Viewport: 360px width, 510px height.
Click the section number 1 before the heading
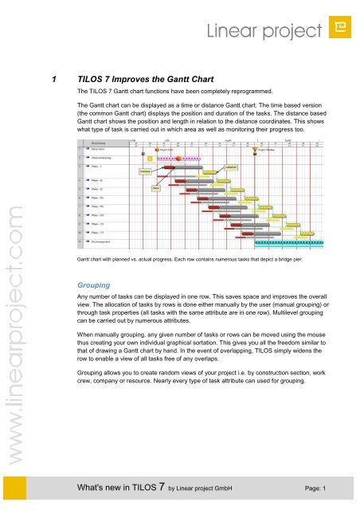(x=53, y=80)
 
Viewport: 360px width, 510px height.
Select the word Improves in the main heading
(x=135, y=80)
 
